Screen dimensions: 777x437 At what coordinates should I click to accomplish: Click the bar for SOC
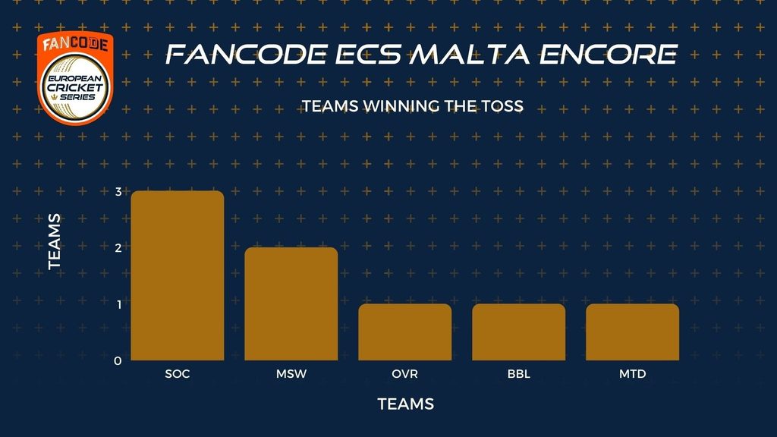178,275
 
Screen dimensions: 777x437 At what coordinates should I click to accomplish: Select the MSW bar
291,303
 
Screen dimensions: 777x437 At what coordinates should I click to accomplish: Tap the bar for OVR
405,332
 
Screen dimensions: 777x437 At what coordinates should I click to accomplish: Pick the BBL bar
519,332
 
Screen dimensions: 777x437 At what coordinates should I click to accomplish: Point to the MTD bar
632,332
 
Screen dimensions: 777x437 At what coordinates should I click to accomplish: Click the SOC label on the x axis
178,373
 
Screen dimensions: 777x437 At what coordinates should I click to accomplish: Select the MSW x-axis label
291,373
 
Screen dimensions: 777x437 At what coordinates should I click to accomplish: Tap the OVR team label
405,373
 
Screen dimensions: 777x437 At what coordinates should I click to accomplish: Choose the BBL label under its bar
519,373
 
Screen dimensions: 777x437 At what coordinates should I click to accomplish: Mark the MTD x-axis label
632,373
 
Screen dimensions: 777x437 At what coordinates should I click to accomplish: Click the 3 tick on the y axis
118,192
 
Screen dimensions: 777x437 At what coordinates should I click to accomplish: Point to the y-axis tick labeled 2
118,248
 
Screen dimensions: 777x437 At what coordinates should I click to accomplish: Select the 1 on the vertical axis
119,304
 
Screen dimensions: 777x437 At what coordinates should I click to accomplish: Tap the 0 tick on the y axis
118,360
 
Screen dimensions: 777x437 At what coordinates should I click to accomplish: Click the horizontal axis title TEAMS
406,404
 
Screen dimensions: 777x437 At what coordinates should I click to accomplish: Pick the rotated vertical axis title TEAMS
55,242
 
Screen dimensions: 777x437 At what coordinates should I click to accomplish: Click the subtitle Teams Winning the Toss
413,106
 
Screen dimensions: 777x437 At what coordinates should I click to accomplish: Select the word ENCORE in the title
609,55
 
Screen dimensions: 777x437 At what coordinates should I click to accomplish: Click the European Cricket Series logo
75,78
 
